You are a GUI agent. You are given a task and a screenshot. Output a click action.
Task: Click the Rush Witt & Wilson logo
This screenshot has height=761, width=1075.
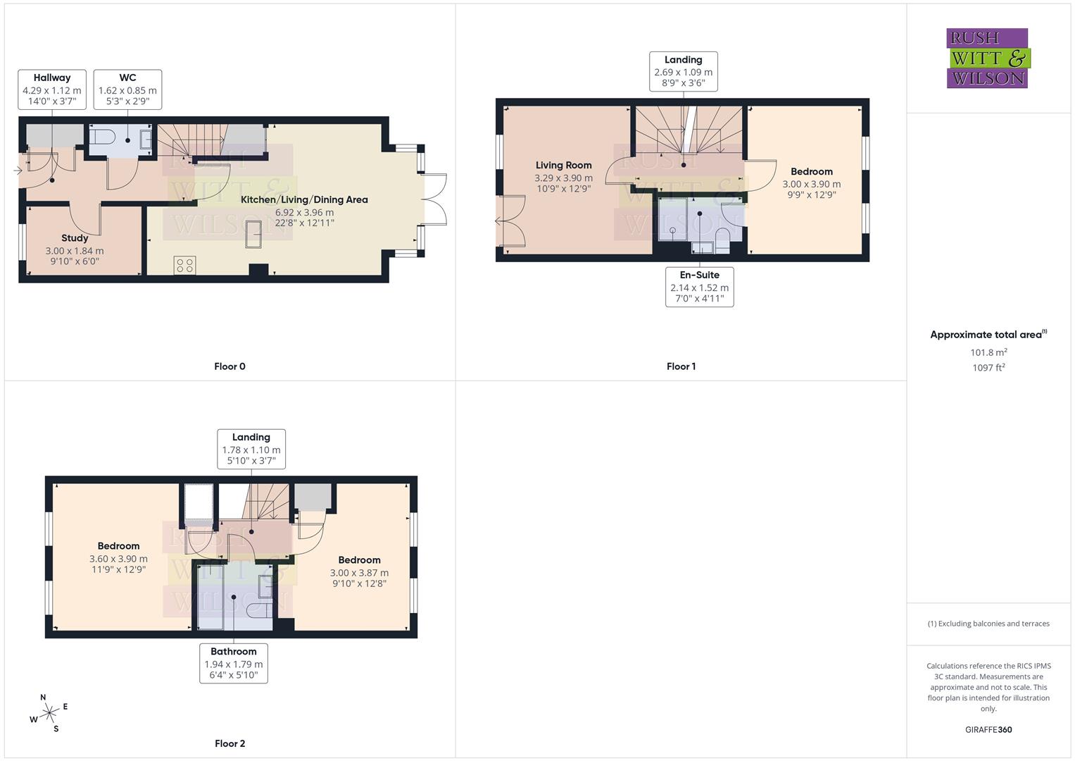[987, 58]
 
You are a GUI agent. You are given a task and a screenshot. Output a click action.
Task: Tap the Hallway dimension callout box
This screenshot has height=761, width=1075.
[52, 89]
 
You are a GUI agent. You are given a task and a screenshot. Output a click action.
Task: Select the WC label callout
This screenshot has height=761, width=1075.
[127, 89]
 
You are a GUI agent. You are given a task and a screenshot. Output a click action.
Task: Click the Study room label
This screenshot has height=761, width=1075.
[75, 238]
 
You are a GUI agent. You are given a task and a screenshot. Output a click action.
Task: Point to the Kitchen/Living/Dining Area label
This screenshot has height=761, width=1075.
[304, 199]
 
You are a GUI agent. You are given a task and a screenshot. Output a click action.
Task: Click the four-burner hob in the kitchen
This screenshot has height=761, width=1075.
[184, 266]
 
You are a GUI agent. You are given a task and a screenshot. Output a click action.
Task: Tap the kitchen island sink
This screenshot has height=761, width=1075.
[253, 235]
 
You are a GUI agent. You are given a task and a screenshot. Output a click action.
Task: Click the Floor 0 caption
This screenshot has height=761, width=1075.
[230, 366]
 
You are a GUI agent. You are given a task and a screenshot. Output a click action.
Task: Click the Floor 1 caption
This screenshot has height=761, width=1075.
[681, 366]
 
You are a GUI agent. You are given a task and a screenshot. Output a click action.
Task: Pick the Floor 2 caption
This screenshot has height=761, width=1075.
[230, 743]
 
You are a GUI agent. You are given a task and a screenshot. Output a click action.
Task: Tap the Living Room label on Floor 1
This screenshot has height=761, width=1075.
[563, 166]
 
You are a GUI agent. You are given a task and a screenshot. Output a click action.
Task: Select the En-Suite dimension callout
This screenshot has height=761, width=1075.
[699, 287]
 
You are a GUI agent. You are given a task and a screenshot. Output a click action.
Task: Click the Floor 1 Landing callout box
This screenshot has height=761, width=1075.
[683, 71]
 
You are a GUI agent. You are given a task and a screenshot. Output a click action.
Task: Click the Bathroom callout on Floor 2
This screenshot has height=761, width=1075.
[233, 663]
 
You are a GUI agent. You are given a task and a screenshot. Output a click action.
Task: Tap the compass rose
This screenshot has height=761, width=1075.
[49, 714]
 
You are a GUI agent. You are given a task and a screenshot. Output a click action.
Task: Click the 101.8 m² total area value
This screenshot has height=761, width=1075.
[988, 352]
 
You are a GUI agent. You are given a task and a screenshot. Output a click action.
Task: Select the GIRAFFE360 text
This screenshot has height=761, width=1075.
[988, 730]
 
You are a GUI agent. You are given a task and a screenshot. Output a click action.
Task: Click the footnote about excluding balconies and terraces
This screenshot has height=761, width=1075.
[988, 624]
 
